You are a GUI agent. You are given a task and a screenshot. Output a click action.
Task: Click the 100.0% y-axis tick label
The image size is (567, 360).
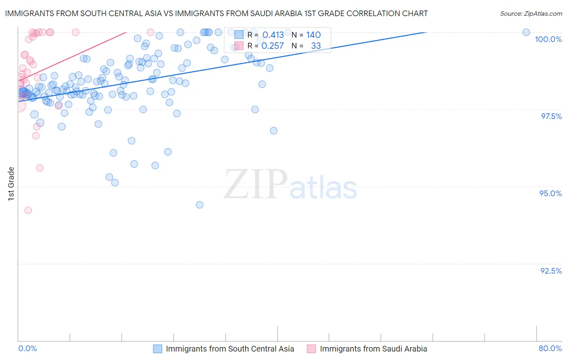548,39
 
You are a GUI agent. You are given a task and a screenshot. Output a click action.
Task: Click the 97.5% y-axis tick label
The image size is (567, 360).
551,116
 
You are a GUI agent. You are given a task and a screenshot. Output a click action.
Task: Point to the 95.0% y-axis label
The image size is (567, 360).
550,193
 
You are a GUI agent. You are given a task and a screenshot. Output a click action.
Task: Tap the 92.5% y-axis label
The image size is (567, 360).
551,271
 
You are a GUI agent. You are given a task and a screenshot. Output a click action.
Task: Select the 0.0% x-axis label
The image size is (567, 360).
27,348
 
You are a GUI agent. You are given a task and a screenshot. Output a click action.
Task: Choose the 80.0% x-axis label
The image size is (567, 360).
550,348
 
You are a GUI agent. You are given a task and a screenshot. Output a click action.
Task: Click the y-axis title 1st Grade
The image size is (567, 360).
11,184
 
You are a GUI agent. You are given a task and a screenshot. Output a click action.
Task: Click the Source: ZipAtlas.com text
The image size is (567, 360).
531,14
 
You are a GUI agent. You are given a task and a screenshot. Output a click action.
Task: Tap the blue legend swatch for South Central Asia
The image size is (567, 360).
158,349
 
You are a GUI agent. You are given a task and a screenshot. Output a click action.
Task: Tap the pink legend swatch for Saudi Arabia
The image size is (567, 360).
311,349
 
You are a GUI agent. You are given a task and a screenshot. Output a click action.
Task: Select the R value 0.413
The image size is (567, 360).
273,35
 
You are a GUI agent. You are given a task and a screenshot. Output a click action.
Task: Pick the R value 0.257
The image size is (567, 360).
273,46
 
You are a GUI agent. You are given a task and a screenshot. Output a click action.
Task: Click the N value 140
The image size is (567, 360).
313,35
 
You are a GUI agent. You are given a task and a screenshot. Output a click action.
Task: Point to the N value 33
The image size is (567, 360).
316,46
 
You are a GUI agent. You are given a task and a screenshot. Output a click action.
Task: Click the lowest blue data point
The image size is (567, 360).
200,205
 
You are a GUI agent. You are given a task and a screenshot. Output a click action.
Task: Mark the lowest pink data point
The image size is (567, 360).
28,210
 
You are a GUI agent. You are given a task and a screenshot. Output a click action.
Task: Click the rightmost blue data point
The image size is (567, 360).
526,32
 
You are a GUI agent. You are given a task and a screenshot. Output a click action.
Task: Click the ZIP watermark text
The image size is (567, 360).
255,184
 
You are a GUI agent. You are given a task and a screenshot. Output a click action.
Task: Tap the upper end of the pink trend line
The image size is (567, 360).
126,32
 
